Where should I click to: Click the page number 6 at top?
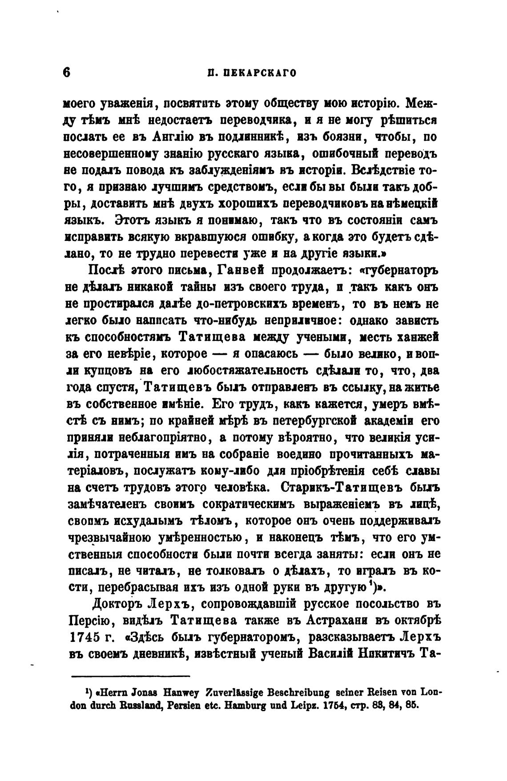tap(67, 72)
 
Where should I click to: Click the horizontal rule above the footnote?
tap(131, 677)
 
